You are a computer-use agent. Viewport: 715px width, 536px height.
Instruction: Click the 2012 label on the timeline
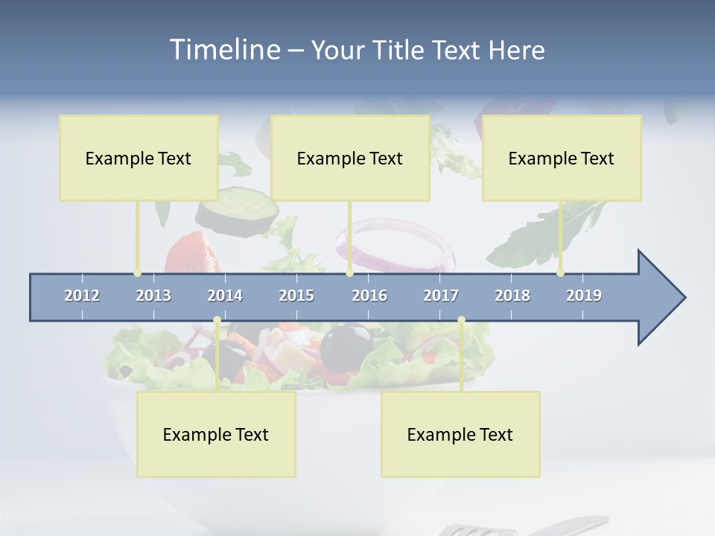coord(82,296)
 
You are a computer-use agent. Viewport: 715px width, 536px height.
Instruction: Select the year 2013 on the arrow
coord(153,296)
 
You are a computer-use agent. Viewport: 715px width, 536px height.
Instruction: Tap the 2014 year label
coord(225,296)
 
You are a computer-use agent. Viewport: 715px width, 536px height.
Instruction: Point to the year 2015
coord(296,296)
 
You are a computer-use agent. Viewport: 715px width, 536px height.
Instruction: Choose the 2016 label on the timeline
coord(369,296)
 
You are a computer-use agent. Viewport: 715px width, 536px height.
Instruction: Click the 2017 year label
coord(441,296)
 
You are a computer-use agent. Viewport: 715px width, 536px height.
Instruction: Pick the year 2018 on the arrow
coord(512,296)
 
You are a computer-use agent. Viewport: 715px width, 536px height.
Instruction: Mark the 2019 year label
coord(584,296)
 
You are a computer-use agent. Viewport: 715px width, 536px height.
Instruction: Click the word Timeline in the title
coord(223,50)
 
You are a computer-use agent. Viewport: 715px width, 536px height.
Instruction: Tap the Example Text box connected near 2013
coord(139,158)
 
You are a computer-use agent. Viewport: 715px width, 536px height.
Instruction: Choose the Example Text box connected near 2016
coord(350,158)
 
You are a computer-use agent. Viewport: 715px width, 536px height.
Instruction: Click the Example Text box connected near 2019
coord(562,158)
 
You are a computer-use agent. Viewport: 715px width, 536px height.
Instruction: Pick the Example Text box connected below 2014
coord(216,434)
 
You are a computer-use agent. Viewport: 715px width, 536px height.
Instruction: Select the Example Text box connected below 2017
coord(460,434)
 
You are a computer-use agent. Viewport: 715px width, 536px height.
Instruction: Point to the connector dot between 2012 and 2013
coord(137,273)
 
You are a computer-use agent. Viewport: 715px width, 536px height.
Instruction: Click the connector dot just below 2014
coord(217,320)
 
